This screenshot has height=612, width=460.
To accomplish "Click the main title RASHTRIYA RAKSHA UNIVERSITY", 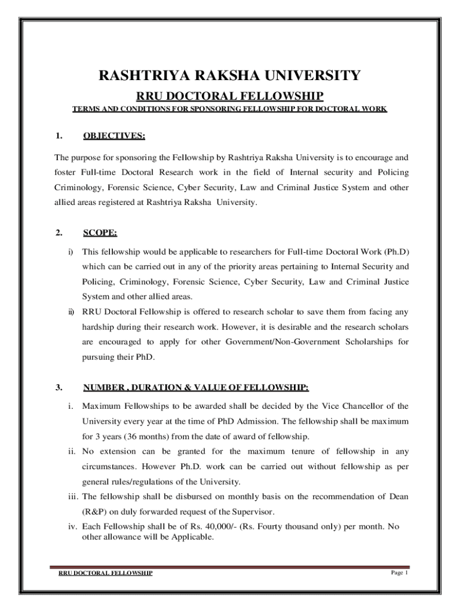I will (229, 76).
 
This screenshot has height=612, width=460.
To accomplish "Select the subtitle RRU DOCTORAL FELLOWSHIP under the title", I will (230, 96).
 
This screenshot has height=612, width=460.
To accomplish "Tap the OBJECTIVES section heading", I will (114, 136).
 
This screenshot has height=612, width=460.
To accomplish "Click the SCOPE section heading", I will (100, 232).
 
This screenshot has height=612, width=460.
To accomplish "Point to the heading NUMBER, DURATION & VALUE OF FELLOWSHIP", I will (196, 387).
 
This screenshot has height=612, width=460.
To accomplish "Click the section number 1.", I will (59, 136).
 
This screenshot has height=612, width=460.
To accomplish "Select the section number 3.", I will (59, 387).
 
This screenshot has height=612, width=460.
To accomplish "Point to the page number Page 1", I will (399, 573).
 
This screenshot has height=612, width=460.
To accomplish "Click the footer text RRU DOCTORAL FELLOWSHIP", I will (105, 573).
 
